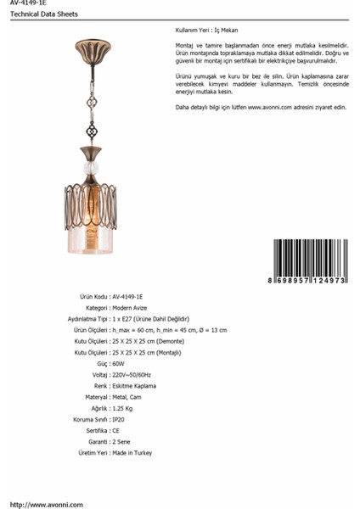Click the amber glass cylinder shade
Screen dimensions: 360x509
coord(91,238)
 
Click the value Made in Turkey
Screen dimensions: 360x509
coord(132,453)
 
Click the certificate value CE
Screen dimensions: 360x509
coord(116,431)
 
